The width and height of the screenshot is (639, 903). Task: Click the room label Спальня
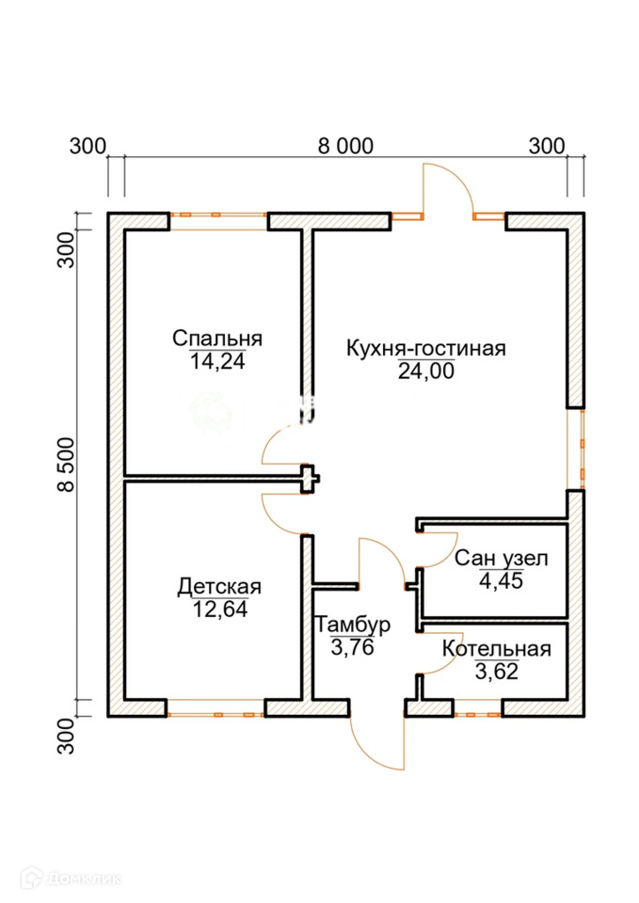click(216, 338)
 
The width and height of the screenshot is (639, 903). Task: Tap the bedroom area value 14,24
click(217, 361)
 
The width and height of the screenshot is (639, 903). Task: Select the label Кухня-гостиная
click(426, 348)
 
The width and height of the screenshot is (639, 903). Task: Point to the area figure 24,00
click(426, 372)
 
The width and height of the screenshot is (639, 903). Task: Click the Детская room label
click(219, 587)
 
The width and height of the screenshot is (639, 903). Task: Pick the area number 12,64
click(220, 610)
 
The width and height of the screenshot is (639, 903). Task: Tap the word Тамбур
click(353, 625)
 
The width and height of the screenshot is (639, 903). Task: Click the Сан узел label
click(501, 559)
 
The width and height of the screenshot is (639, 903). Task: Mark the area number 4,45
click(501, 580)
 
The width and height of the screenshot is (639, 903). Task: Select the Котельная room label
click(496, 648)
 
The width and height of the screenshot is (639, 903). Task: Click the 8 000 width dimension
click(345, 146)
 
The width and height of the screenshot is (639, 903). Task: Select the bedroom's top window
click(218, 221)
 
